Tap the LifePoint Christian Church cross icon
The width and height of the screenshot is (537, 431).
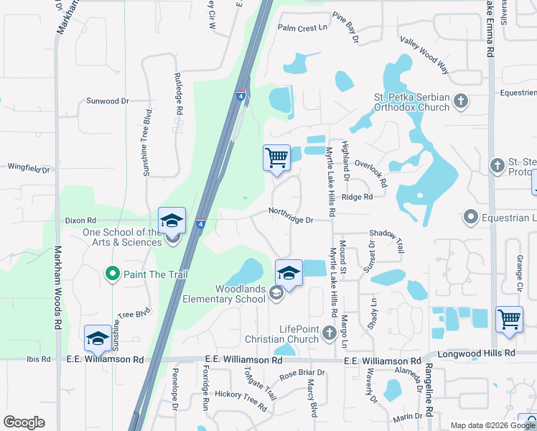(330, 332)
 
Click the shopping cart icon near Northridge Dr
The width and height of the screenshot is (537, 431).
(276, 157)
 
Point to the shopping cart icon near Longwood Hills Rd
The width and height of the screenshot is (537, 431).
(509, 318)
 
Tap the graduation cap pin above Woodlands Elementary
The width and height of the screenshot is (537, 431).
(289, 274)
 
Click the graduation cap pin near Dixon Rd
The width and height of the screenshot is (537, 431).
(172, 221)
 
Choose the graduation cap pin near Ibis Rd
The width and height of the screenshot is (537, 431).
(98, 339)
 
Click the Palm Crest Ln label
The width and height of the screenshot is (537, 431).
(302, 27)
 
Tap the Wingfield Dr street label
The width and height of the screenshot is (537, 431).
(29, 168)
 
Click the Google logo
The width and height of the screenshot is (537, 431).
(24, 422)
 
